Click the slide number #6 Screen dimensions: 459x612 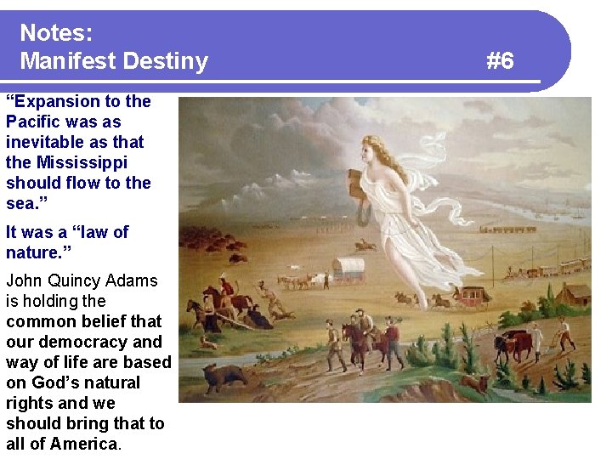tap(500, 61)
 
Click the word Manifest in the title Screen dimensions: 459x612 tap(68, 61)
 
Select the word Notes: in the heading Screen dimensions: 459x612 tap(56, 33)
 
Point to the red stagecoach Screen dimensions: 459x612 tap(469, 295)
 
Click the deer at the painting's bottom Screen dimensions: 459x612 tap(475, 384)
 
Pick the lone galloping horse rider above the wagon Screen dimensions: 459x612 tap(365, 245)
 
